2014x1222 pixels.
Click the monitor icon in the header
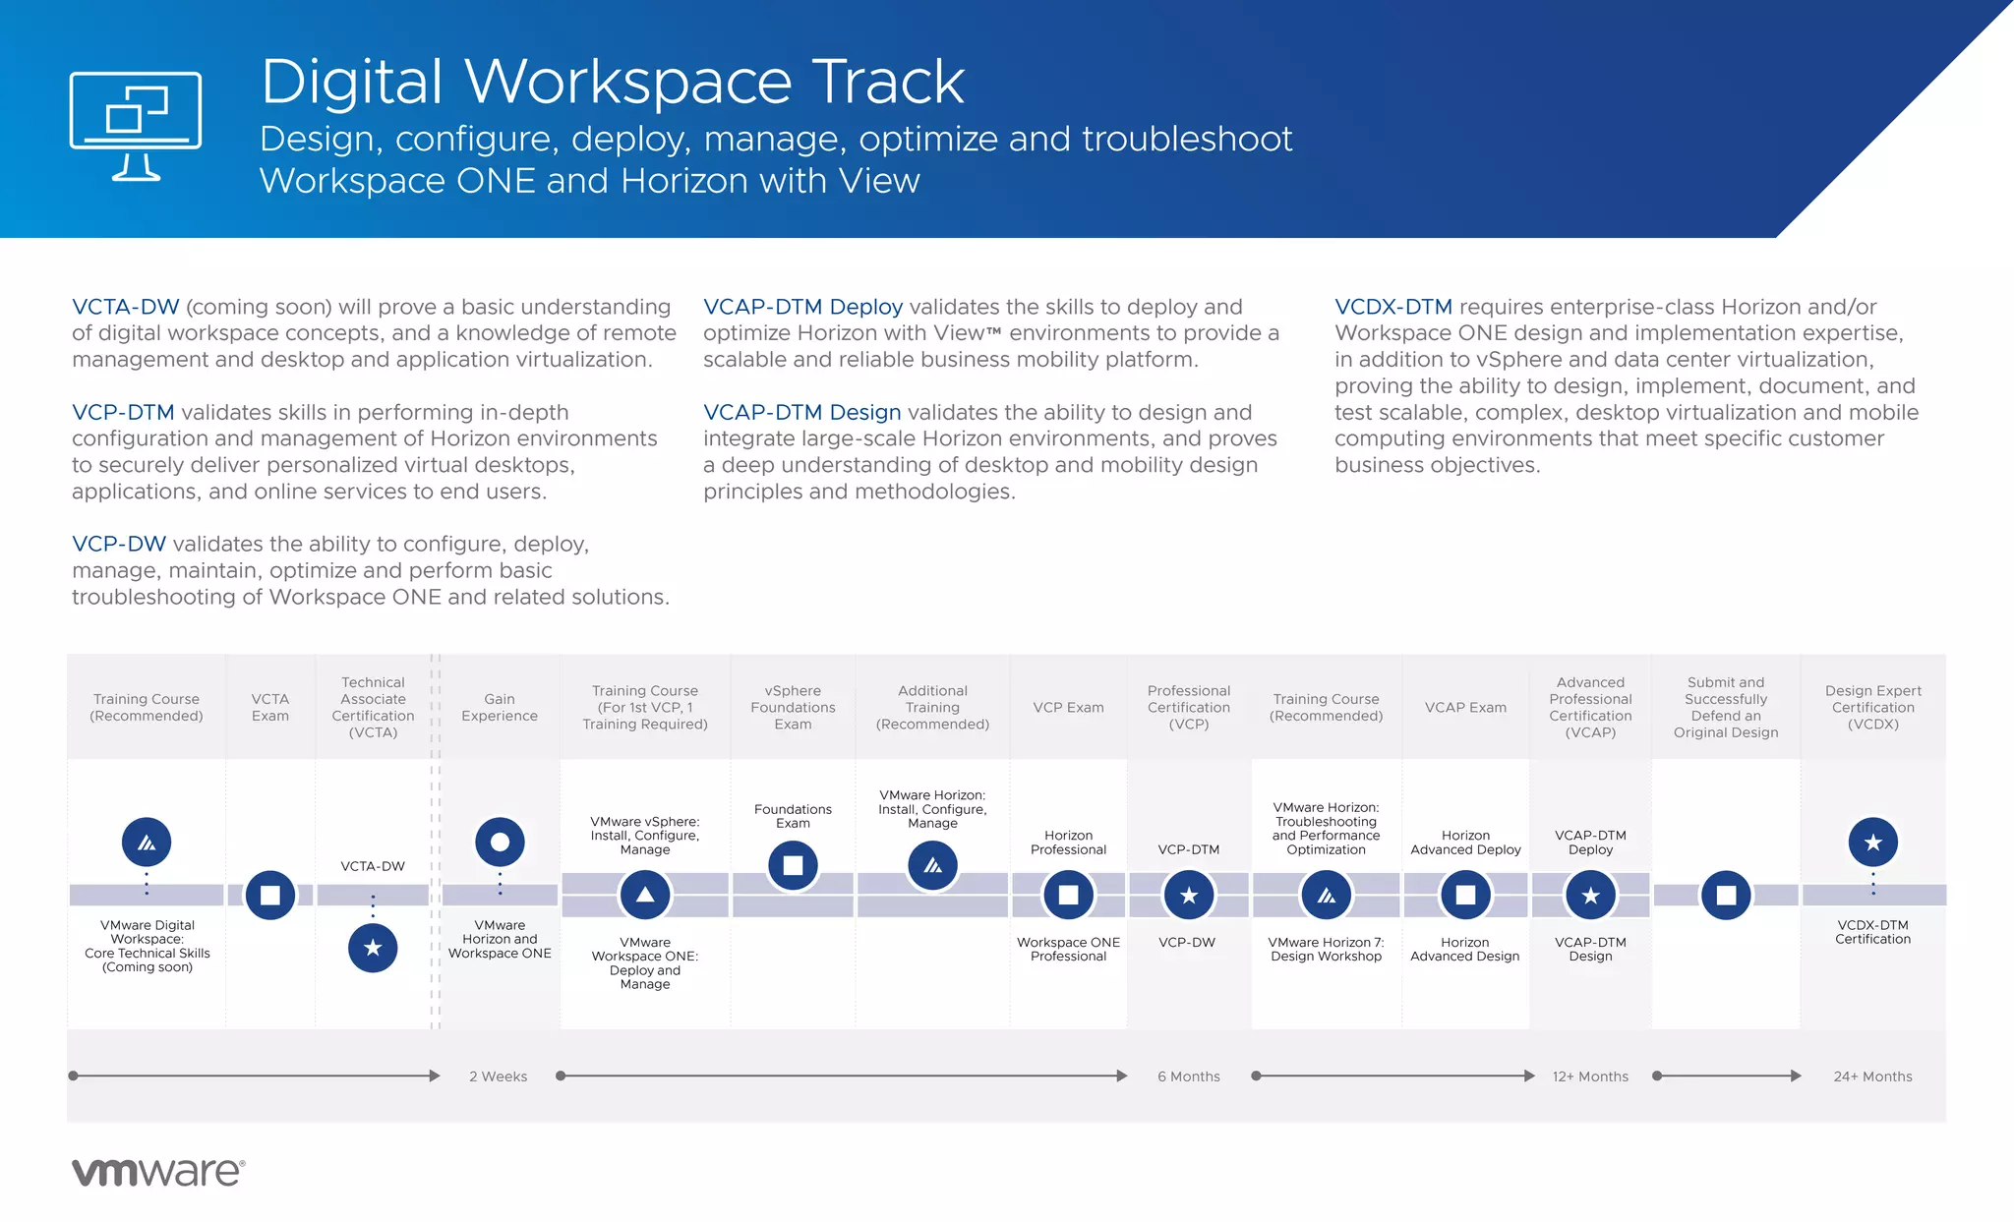coord(136,125)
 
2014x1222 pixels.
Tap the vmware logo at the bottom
coord(157,1171)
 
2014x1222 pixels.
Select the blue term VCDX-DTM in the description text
coord(1392,307)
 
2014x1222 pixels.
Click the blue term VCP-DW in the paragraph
coord(118,544)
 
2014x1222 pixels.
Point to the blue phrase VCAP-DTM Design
coord(801,412)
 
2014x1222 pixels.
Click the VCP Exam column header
coord(1068,707)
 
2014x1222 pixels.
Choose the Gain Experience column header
coord(500,707)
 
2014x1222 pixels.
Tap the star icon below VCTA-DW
coord(373,948)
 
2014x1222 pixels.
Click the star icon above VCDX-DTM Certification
coord(1872,842)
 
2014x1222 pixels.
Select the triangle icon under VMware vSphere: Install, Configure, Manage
coord(645,895)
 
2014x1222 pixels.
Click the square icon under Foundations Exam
coord(793,865)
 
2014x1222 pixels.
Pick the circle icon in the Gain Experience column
coord(500,842)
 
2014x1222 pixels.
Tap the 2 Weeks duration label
coord(498,1077)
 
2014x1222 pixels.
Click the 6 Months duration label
coord(1188,1077)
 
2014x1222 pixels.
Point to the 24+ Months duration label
coord(1872,1077)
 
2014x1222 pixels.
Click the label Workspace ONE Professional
coord(1068,949)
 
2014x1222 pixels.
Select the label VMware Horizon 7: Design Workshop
coord(1326,949)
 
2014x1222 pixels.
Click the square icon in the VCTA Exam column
coord(270,895)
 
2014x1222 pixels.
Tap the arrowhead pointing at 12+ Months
coord(1529,1076)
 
